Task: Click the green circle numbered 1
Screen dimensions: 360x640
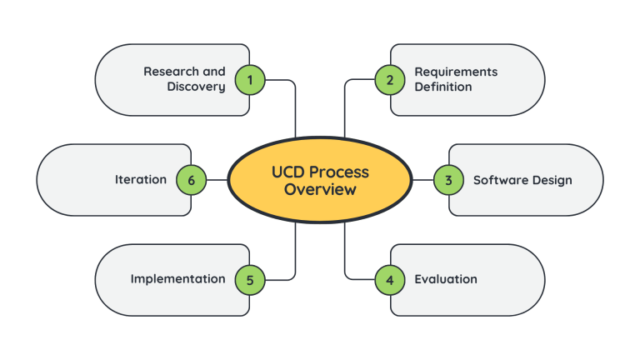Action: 250,80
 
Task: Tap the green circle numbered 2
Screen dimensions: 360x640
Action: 389,80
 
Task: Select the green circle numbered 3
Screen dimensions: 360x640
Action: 447,180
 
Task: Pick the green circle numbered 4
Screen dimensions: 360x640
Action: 389,279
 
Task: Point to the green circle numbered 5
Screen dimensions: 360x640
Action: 250,279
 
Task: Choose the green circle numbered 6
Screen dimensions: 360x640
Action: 192,180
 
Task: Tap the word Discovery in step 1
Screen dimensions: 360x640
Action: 196,87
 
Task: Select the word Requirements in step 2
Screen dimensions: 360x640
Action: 456,72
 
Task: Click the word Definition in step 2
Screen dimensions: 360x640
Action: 443,87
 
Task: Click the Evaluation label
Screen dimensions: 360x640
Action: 446,279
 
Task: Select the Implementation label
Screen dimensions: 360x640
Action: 177,279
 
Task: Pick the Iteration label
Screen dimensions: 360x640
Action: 140,180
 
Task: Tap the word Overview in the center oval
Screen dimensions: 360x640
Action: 320,190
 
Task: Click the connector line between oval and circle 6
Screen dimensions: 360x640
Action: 217,180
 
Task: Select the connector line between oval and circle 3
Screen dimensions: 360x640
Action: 422,180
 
